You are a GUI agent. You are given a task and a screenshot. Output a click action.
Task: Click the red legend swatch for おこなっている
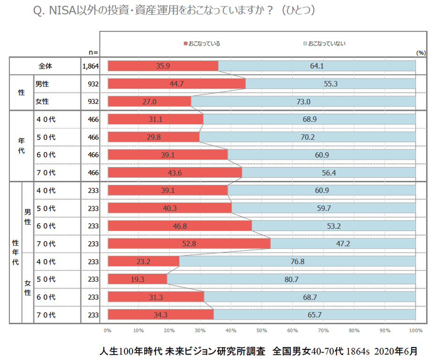point(186,44)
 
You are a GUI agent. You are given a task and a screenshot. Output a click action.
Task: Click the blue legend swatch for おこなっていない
point(305,44)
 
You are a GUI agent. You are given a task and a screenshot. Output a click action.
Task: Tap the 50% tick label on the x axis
point(262,331)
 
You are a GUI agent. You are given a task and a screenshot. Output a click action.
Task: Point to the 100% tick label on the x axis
point(416,331)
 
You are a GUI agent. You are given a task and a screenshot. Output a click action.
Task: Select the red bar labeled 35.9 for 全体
point(163,66)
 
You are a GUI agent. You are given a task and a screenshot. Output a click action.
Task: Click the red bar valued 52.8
point(189,244)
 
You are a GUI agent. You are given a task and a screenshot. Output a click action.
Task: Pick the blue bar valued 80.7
point(291,279)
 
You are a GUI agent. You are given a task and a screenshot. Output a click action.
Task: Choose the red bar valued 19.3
point(137,279)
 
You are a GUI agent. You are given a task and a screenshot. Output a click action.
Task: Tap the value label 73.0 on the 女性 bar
point(303,102)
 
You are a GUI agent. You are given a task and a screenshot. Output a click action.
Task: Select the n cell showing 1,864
point(90,66)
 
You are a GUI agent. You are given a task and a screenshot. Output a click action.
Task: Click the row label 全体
point(45,66)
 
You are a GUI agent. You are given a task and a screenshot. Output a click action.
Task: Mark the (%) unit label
point(421,52)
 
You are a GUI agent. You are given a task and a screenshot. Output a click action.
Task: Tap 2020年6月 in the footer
point(397,351)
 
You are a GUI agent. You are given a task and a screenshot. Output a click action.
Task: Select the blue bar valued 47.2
point(343,244)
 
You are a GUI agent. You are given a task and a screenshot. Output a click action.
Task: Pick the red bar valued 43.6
point(175,173)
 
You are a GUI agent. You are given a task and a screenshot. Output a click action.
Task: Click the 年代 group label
point(21,146)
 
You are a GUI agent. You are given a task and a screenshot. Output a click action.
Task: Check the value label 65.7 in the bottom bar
point(314,315)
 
